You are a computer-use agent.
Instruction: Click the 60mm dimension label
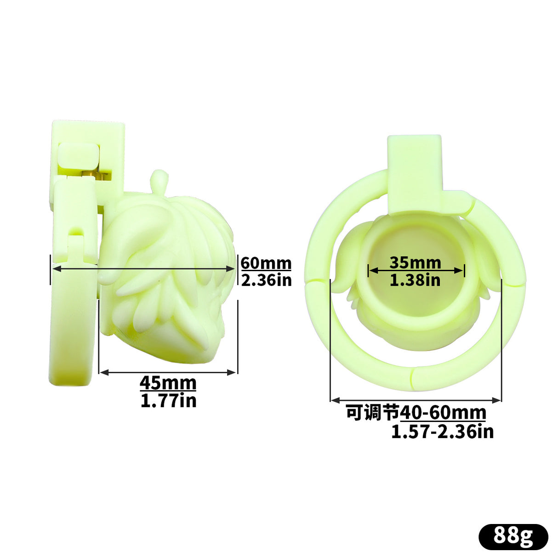tap(266, 263)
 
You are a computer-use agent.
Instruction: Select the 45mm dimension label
tap(168, 383)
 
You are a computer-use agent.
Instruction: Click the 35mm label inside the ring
tap(415, 262)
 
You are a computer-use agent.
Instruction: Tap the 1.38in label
tap(415, 280)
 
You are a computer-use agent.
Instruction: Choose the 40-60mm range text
tap(443, 413)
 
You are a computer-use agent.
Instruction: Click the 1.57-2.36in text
tap(442, 432)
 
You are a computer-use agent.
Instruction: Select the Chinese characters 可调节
tap(373, 413)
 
